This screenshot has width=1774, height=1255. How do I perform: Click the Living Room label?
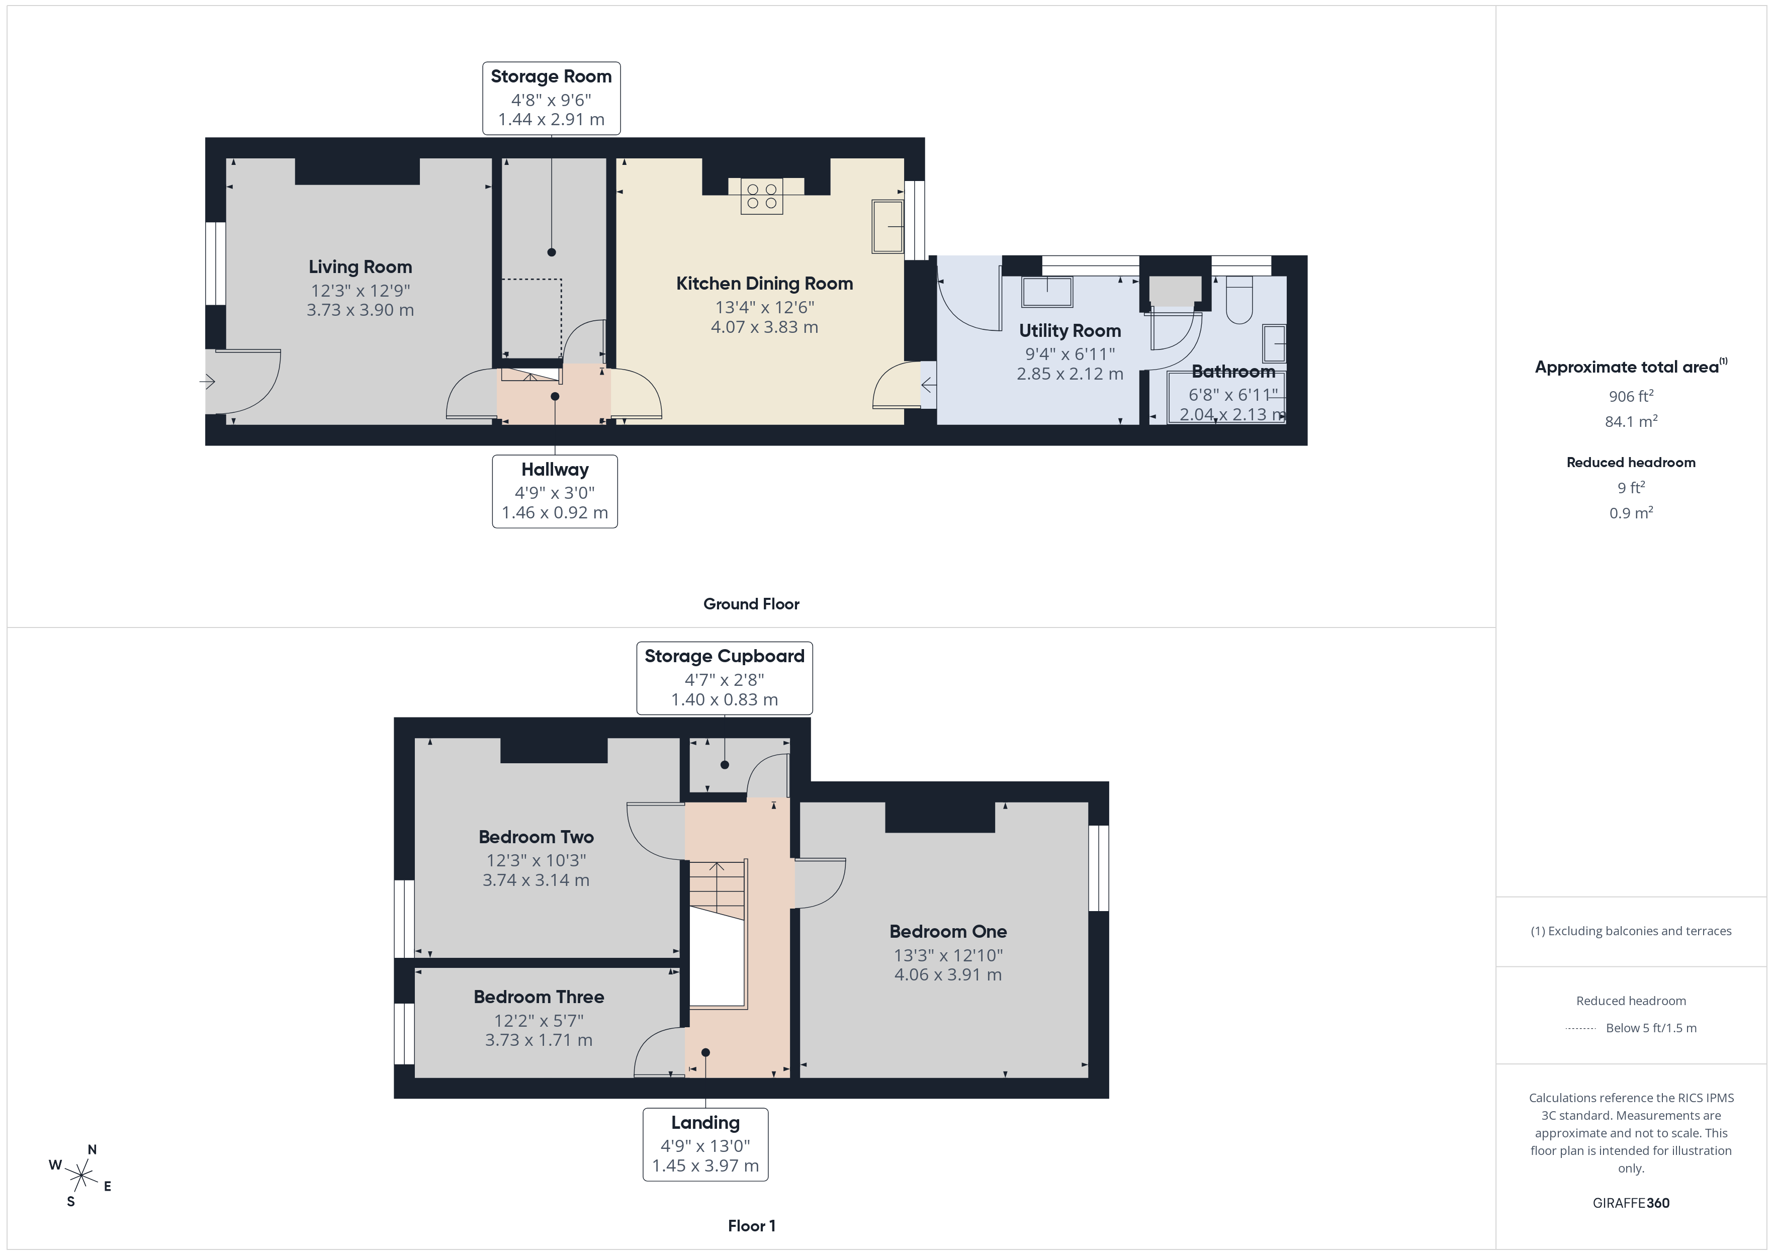[x=360, y=266]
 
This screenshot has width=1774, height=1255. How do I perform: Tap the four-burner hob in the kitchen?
[x=761, y=196]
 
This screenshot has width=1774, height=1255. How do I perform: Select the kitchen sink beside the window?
[x=888, y=226]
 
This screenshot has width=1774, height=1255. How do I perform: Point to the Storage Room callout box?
[x=551, y=98]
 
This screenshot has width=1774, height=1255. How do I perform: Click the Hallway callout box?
[x=554, y=491]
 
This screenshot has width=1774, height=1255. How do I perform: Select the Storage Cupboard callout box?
[x=724, y=678]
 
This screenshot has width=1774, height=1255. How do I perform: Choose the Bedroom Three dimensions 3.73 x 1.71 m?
[x=539, y=1040]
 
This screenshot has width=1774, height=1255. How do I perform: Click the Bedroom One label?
[x=947, y=931]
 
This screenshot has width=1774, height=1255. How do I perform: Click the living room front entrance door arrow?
[x=208, y=382]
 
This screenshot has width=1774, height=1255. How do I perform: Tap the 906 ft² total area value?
[x=1630, y=396]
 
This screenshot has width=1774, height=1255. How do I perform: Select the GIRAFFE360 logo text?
[x=1630, y=1203]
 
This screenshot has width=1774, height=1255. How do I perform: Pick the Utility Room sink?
[x=1047, y=292]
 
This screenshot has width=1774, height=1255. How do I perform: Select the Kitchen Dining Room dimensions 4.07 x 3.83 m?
[x=764, y=327]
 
